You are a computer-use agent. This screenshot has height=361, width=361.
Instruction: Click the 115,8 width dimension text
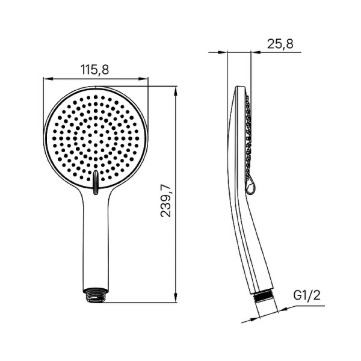(x=95, y=70)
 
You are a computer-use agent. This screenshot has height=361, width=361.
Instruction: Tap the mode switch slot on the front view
(x=95, y=183)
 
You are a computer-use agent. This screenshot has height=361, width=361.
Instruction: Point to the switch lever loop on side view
(x=251, y=187)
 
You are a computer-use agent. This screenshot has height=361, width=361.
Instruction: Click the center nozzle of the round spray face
(x=95, y=137)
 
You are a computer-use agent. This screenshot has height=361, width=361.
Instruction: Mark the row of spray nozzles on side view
(x=248, y=138)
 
